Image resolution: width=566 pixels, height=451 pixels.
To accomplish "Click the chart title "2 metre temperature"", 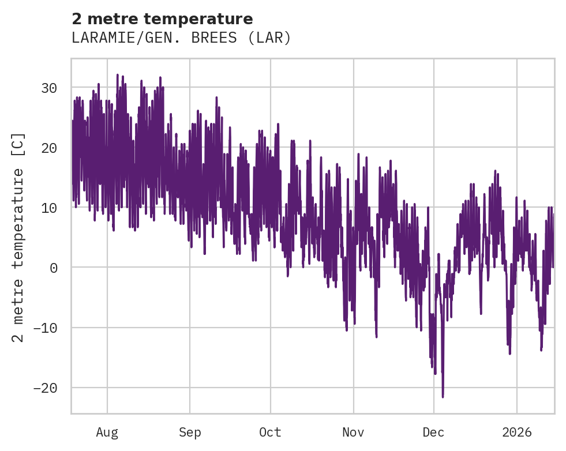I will pyautogui.click(x=162, y=19).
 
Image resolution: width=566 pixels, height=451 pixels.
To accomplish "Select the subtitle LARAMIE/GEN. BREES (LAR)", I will pyautogui.click(x=181, y=38).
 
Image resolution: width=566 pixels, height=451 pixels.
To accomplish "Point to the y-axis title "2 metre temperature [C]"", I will pyautogui.click(x=18, y=237).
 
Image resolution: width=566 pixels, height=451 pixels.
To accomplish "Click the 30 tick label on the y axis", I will pyautogui.click(x=48, y=88).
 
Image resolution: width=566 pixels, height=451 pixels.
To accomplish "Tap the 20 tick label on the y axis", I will pyautogui.click(x=48, y=148).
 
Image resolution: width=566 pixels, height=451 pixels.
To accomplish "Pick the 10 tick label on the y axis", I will pyautogui.click(x=48, y=208).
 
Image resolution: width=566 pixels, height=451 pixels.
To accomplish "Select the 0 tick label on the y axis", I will pyautogui.click(x=53, y=268).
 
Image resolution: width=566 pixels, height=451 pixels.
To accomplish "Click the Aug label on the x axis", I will pyautogui.click(x=107, y=433).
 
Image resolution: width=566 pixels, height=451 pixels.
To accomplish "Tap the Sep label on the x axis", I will pyautogui.click(x=190, y=433).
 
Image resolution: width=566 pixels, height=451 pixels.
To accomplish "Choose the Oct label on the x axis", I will pyautogui.click(x=270, y=433).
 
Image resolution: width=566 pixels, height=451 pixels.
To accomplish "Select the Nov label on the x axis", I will pyautogui.click(x=353, y=433).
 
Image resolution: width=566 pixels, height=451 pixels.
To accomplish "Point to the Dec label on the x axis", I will pyautogui.click(x=433, y=433).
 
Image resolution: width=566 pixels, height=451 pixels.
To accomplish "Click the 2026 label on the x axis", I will pyautogui.click(x=517, y=433).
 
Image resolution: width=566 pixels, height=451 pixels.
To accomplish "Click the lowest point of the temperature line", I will pyautogui.click(x=443, y=397).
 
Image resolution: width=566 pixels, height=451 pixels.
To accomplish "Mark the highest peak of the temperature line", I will pyautogui.click(x=117, y=74).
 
